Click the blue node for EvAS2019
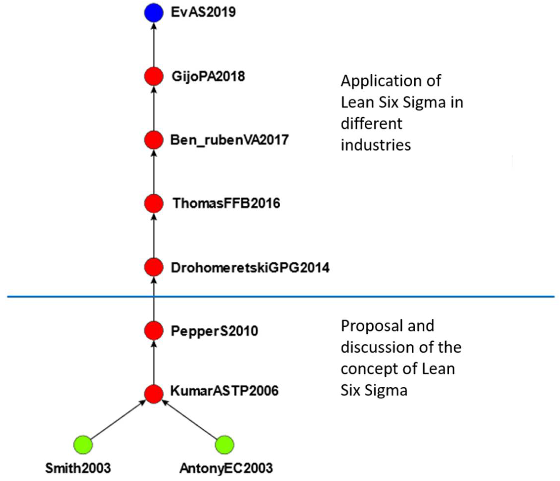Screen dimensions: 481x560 click(153, 13)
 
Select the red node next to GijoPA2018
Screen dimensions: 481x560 click(153, 77)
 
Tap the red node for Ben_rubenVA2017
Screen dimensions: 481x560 click(153, 140)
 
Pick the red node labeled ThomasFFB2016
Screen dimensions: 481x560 click(153, 204)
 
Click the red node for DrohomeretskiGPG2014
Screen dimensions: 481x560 click(153, 267)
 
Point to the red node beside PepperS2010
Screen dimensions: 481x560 click(153, 330)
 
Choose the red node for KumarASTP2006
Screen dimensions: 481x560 click(153, 394)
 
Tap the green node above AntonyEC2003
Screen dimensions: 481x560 click(225, 445)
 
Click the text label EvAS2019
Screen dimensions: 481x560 click(203, 12)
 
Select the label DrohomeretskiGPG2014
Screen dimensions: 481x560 click(250, 268)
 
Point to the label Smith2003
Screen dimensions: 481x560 click(78, 468)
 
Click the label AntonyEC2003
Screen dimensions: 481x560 click(226, 468)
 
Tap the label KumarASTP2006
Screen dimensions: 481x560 click(224, 391)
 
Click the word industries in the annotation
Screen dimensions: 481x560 click(376, 145)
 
